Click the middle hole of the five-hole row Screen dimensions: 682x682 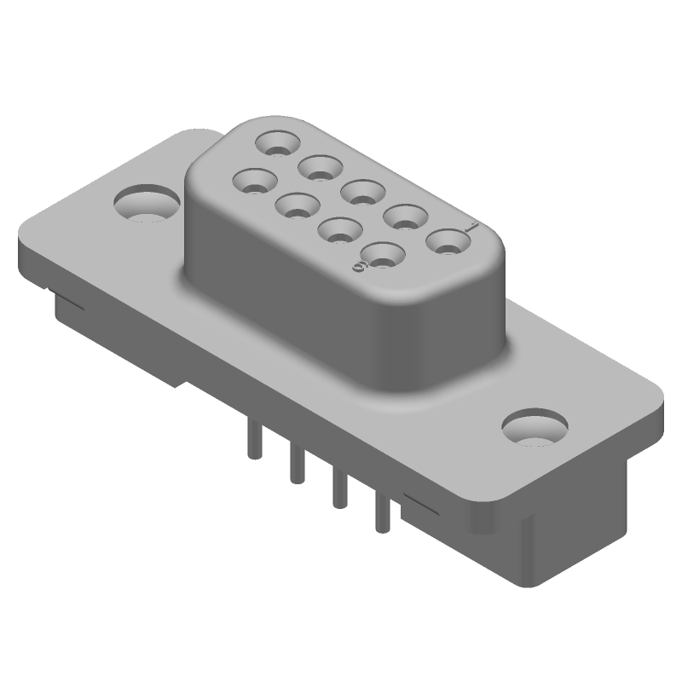362,192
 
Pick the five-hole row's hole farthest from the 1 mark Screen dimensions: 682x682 278,142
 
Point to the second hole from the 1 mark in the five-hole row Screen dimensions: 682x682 405,217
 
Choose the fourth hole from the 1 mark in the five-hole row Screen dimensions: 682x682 320,167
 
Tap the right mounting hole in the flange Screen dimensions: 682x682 535,428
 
